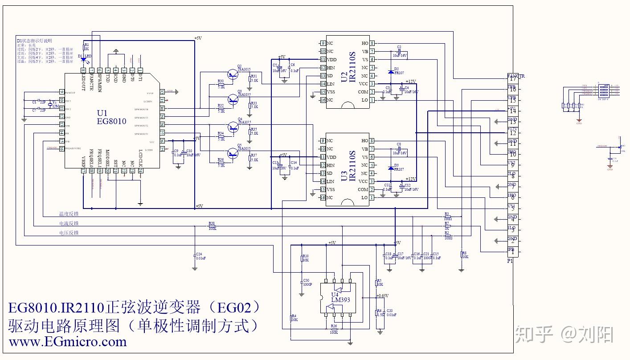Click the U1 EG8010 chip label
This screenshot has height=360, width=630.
point(111,117)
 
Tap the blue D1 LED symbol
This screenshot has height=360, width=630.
point(84,57)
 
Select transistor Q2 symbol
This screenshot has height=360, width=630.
point(232,74)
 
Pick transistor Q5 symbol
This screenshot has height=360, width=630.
point(232,154)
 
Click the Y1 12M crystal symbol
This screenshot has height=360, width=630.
point(50,104)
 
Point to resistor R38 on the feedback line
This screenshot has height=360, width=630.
point(212,226)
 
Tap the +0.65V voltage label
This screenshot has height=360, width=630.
point(382,296)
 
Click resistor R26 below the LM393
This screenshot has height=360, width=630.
point(333,329)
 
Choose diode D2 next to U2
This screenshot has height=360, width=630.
point(391,72)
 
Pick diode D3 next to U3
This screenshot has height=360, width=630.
point(391,168)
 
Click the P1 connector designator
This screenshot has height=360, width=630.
point(510,261)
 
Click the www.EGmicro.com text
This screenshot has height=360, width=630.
point(68,342)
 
